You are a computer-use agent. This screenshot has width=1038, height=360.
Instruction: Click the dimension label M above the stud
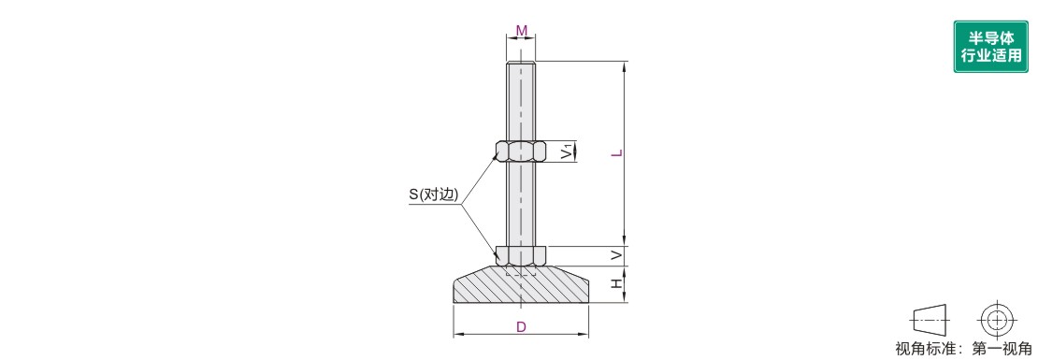pos(522,31)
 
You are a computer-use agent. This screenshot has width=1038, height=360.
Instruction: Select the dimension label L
pos(616,153)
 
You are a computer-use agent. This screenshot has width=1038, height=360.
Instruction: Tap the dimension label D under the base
pos(521,327)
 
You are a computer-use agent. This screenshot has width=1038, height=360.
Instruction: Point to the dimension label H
pos(616,283)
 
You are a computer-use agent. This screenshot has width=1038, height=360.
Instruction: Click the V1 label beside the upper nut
pos(567,151)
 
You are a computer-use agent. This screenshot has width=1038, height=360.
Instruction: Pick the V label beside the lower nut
pos(616,254)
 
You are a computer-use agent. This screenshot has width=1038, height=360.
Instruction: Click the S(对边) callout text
pos(434,195)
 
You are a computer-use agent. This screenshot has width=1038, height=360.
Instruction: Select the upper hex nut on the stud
pos(521,151)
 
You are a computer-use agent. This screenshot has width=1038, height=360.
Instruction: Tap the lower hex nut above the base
pos(521,254)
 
